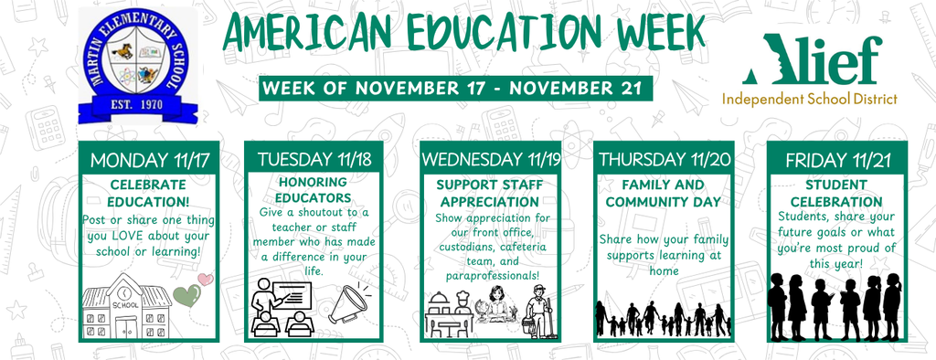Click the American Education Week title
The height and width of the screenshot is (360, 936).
[463, 34]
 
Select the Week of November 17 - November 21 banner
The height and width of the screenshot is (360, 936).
[456, 89]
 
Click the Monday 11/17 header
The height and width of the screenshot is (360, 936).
[150, 159]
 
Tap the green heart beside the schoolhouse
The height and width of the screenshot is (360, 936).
[187, 294]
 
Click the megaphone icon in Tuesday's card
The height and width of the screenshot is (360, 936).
[349, 302]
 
